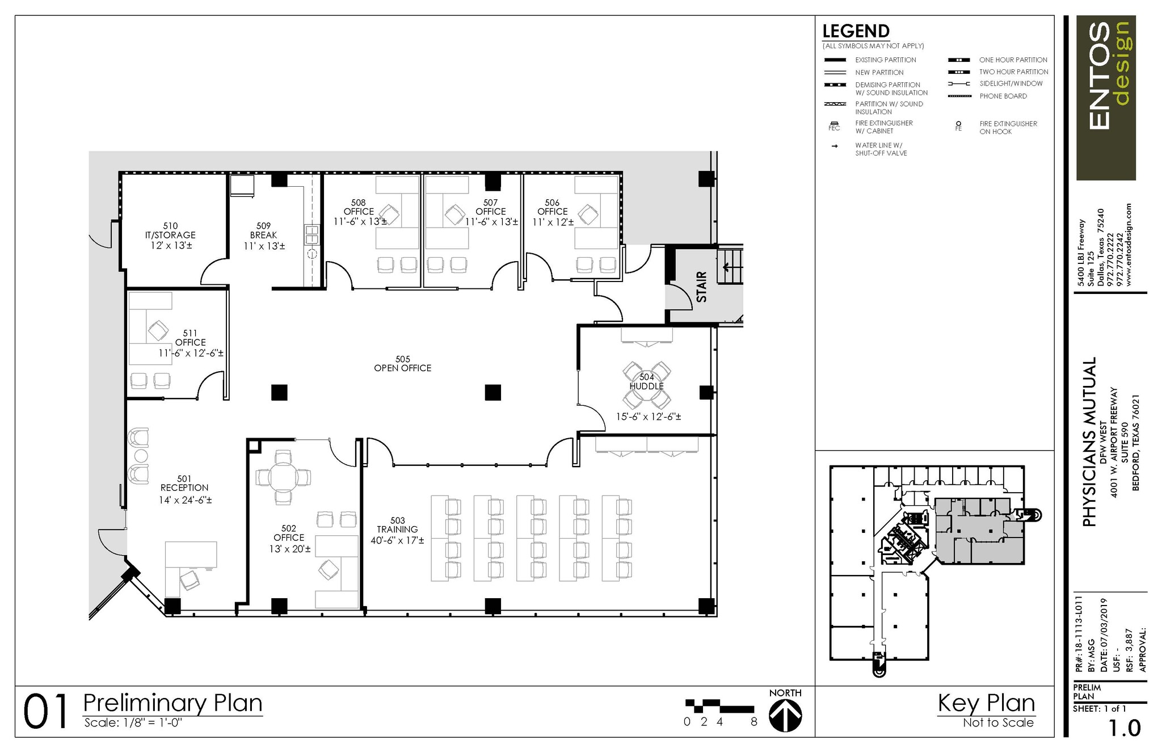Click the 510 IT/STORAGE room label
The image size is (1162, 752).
pyautogui.click(x=171, y=236)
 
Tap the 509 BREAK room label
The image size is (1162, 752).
pyautogui.click(x=263, y=236)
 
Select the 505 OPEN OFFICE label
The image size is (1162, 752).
pyautogui.click(x=402, y=364)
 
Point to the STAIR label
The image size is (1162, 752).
pyautogui.click(x=702, y=287)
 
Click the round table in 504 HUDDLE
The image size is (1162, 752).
pyautogui.click(x=647, y=386)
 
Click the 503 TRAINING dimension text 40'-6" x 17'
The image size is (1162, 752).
pyautogui.click(x=397, y=541)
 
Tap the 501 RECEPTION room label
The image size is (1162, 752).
pyautogui.click(x=184, y=484)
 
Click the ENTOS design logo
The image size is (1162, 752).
pyautogui.click(x=1106, y=98)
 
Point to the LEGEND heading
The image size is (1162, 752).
pyautogui.click(x=856, y=31)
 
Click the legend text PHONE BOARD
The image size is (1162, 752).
pyautogui.click(x=1003, y=96)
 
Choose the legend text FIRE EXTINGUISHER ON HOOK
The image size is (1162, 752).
pyautogui.click(x=1008, y=128)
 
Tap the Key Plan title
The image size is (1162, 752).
pyautogui.click(x=986, y=703)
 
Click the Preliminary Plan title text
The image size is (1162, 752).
pyautogui.click(x=172, y=703)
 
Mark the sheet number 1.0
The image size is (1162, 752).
pyautogui.click(x=1124, y=728)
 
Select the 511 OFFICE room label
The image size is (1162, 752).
pyautogui.click(x=190, y=343)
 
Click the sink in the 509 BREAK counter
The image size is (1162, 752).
pyautogui.click(x=312, y=234)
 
